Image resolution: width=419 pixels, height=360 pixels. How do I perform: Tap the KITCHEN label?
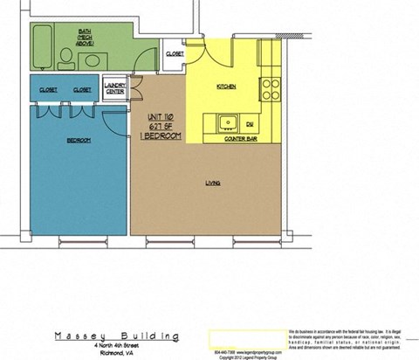click(226, 87)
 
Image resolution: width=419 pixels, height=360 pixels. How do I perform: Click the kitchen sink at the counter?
click(227, 122)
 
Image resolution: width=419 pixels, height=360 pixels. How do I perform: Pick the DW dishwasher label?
click(250, 124)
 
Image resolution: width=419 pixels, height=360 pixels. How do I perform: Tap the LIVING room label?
click(212, 183)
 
